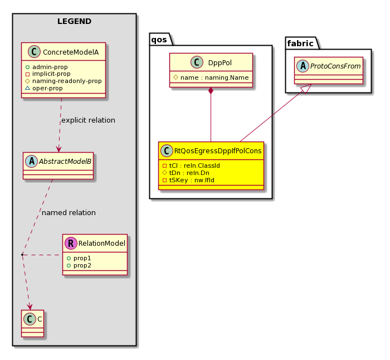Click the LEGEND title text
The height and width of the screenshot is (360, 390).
coord(74,21)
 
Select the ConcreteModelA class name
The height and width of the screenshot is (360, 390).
coord(71,52)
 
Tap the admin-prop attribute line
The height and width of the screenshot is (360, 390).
coord(46,67)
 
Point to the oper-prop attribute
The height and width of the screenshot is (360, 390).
coord(44,88)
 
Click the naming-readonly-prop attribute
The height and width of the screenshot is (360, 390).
coord(64,81)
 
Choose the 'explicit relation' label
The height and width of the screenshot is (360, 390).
coord(88,120)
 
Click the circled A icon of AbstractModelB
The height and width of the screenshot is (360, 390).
coord(32,161)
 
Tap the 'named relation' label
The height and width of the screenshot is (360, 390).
coord(69,213)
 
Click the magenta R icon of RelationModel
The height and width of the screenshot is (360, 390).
coord(71,243)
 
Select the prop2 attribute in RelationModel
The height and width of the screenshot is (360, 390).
coord(79,265)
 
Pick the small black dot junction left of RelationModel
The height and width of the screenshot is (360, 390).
coord(22,255)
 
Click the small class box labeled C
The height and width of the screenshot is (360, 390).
coord(32,323)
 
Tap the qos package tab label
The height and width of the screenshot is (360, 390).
coord(159,40)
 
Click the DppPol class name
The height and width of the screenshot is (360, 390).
coord(220,63)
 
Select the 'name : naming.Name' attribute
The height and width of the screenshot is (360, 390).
coord(211,77)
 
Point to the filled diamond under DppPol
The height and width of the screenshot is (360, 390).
coord(211,91)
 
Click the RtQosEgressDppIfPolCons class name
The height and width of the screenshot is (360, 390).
coord(218,151)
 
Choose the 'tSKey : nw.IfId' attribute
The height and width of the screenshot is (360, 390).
coord(188,180)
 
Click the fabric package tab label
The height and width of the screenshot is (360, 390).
coord(300,43)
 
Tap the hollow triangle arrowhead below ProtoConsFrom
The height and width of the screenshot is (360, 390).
coord(306,89)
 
